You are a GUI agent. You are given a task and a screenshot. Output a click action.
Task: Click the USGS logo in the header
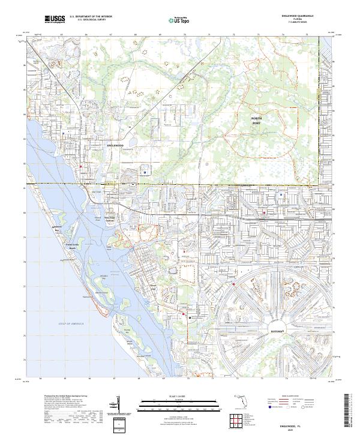pos(55,19)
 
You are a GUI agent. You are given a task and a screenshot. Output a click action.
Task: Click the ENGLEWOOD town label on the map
pos(114,145)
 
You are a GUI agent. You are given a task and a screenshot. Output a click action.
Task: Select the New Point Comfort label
pos(110,219)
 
